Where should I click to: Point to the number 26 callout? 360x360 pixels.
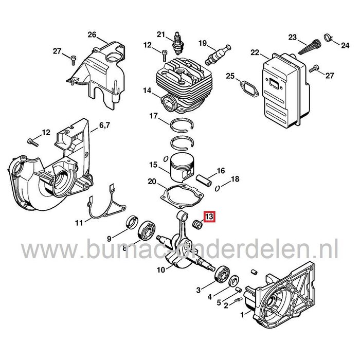pos(92,35)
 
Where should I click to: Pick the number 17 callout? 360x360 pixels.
pos(153,116)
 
